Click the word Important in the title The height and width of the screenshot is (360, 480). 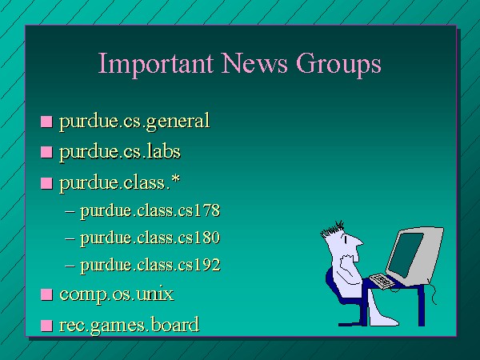(x=155, y=63)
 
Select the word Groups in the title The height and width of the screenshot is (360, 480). (x=338, y=64)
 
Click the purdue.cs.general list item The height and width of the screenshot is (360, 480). (x=134, y=122)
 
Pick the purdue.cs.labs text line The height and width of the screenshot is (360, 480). (x=120, y=151)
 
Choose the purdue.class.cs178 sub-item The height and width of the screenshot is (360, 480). (x=150, y=210)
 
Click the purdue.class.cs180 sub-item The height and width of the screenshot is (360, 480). (x=150, y=238)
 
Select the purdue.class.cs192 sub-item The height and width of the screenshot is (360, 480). (x=150, y=265)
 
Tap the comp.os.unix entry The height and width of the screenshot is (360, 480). (x=117, y=294)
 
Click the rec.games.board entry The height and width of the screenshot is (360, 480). (x=129, y=325)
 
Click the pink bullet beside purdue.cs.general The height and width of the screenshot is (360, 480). (x=46, y=122)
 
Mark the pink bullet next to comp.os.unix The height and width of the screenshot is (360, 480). (x=46, y=294)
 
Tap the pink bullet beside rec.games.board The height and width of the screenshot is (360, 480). (x=46, y=326)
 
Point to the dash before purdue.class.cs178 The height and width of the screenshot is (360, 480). (x=70, y=212)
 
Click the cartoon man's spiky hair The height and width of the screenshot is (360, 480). (x=332, y=229)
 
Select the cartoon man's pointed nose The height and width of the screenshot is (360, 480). (x=358, y=242)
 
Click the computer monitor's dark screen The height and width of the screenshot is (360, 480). (x=406, y=254)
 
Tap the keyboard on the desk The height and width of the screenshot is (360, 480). (x=382, y=281)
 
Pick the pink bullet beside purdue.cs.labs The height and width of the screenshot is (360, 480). (x=46, y=152)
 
